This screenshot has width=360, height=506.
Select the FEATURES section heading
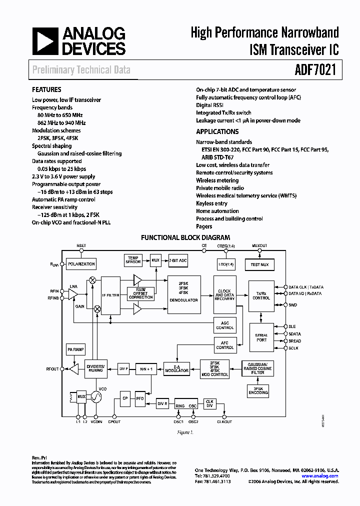[47, 90]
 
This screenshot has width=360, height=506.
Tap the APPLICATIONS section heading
[217, 132]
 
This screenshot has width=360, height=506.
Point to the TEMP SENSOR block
[133, 260]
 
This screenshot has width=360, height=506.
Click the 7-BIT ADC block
[177, 260]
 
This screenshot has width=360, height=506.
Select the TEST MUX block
[259, 264]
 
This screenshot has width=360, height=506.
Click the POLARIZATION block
[81, 263]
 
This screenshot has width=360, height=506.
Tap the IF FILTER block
[110, 295]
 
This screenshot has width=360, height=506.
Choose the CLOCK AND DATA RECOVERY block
[224, 295]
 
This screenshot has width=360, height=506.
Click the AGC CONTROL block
[224, 325]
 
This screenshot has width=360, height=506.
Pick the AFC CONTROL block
[224, 345]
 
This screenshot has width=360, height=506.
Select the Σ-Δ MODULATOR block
[177, 368]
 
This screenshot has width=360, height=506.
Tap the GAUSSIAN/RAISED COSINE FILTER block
[257, 368]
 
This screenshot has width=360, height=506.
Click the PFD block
[140, 398]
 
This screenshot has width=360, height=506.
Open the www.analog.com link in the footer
[320, 476]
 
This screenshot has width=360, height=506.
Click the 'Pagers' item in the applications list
[204, 226]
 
